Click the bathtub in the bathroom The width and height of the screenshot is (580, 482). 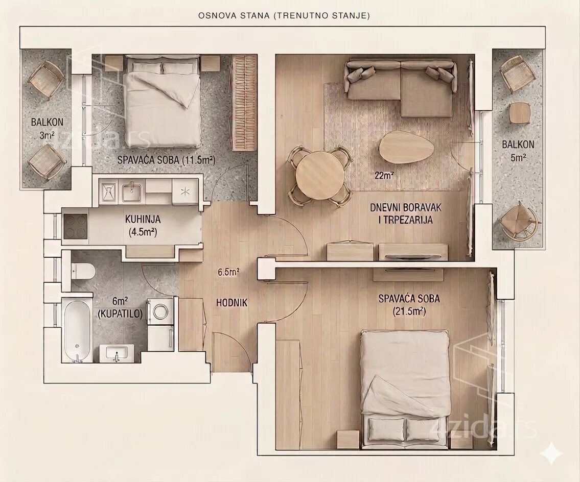pos(77,330)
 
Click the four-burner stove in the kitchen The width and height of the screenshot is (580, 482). pos(76,227)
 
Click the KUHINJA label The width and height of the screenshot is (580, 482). pos(143,219)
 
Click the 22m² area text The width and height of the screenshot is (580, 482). pos(384,176)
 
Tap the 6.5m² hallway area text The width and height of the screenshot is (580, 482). pos(228,273)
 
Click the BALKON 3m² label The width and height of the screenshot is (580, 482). pos(47,128)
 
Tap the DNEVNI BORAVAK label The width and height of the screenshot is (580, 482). pos(406,207)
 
